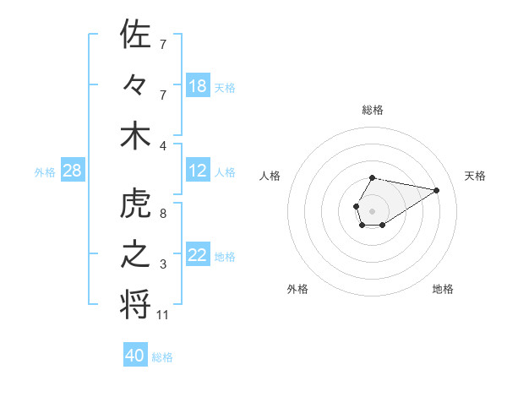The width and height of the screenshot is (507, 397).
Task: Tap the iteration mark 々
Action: click(136, 85)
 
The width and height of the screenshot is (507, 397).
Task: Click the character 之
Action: click(136, 256)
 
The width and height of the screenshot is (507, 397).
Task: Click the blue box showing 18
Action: click(198, 86)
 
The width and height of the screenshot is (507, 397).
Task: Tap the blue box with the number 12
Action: click(198, 171)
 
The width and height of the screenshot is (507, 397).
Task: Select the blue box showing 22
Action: click(198, 256)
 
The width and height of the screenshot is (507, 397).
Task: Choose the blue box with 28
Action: click(73, 171)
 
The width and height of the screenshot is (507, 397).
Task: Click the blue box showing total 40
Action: click(135, 356)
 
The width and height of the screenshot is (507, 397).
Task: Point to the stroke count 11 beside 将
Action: click(164, 315)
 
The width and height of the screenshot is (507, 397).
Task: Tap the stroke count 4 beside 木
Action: click(163, 144)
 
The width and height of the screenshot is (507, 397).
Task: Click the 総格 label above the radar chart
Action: click(372, 110)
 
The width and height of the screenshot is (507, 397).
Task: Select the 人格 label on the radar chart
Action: click(270, 176)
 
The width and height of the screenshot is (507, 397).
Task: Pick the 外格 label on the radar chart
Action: click(297, 289)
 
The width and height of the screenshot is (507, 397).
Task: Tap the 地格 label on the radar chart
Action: click(443, 289)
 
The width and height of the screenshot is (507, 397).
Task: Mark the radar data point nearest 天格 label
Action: click(437, 189)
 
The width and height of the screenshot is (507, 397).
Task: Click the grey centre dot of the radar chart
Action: click(372, 209)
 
